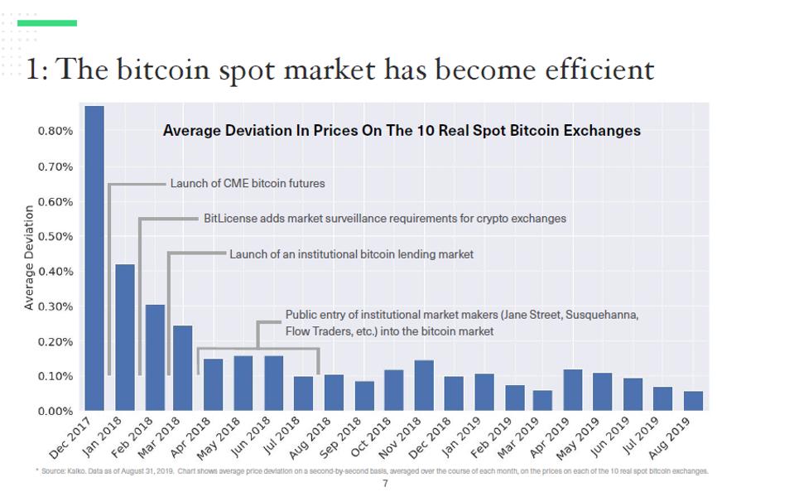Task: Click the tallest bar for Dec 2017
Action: point(94,258)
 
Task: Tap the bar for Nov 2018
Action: point(424,385)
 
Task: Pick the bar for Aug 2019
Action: point(693,401)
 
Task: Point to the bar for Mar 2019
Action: point(543,400)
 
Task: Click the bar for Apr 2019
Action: point(573,390)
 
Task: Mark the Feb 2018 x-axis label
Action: point(147,434)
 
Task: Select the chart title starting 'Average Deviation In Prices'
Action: point(402,131)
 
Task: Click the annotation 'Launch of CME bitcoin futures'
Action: point(248,184)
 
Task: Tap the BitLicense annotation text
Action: point(385,219)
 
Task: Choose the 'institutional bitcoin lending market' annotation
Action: point(351,254)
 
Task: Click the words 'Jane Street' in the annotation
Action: point(534,316)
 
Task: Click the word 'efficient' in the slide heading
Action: point(597,70)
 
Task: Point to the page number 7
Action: point(384,483)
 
